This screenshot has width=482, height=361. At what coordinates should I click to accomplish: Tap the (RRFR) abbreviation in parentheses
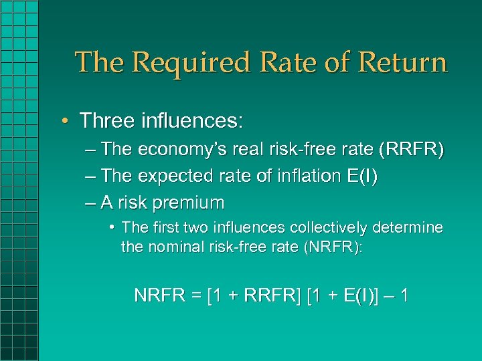(410, 150)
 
